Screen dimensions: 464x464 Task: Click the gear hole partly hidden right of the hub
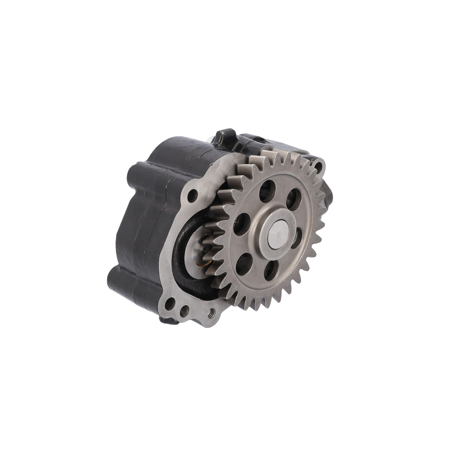click(x=299, y=239)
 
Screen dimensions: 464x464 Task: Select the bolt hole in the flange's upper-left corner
click(x=194, y=195)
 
